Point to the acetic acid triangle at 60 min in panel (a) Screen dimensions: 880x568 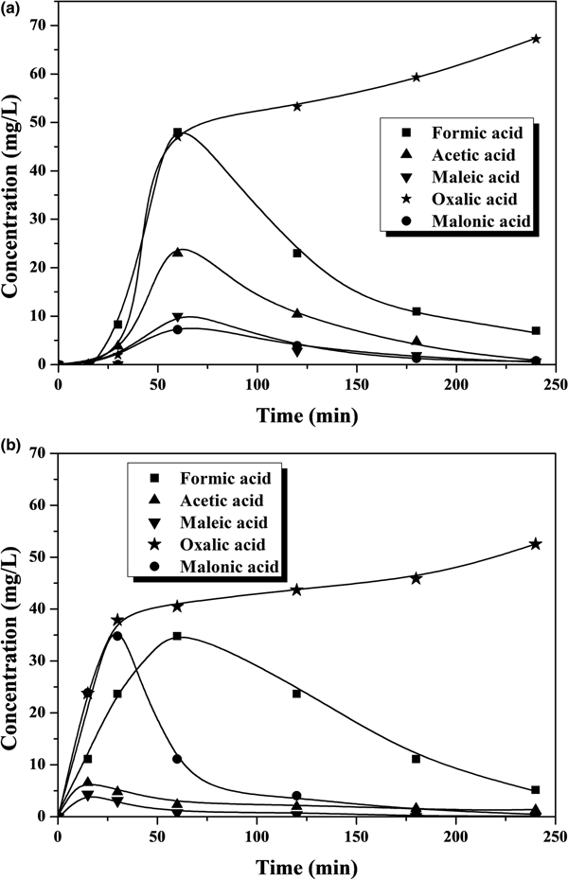177,252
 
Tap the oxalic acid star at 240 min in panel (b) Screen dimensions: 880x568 536,543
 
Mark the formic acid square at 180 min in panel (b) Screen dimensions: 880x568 417,758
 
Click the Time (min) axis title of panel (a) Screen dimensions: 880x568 306,414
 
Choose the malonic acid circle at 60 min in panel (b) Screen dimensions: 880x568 177,759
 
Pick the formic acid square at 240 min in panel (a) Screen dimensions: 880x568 536,331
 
